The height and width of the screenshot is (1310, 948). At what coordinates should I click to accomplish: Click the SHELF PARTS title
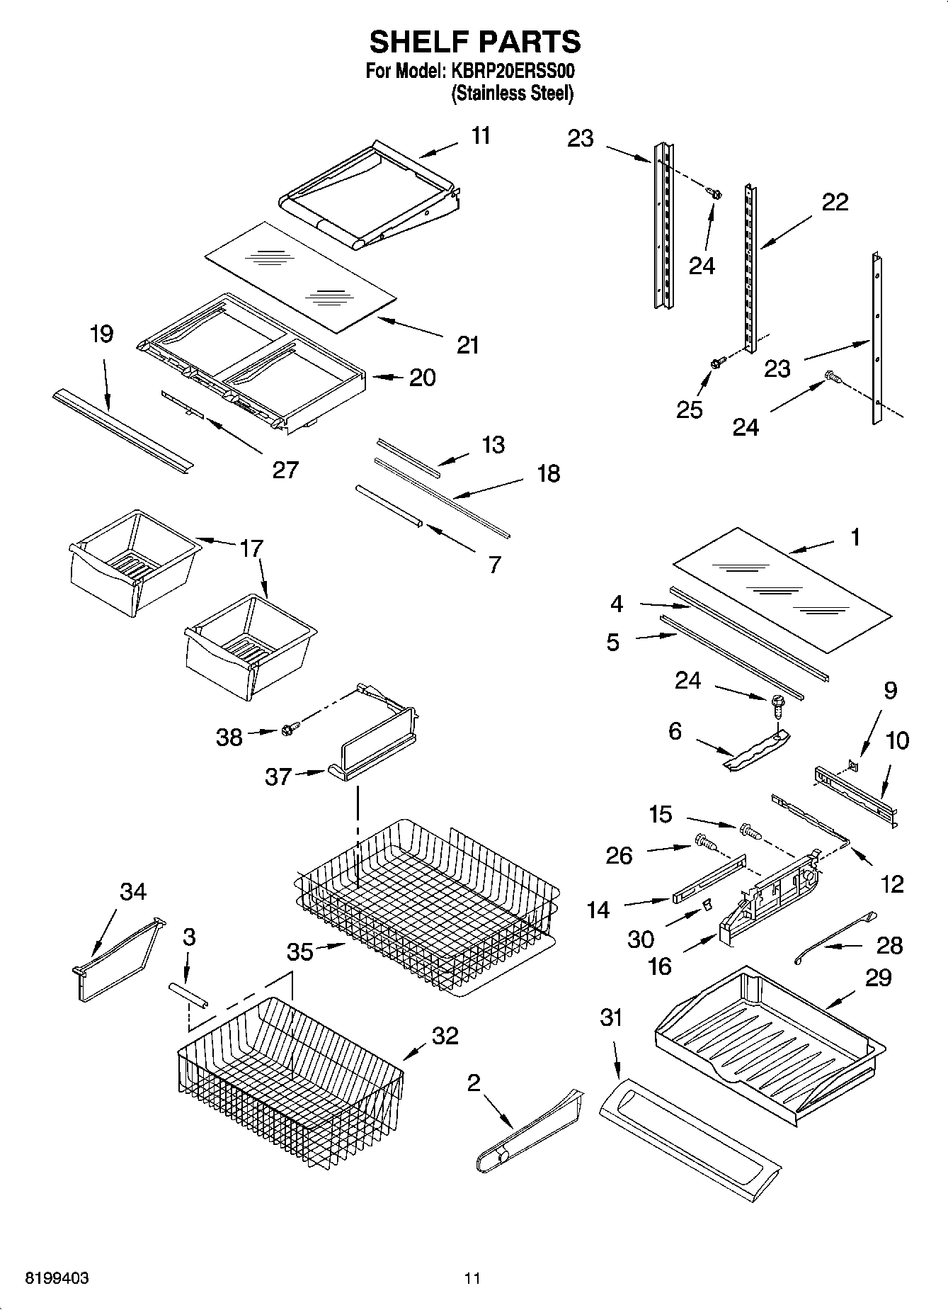pyautogui.click(x=474, y=43)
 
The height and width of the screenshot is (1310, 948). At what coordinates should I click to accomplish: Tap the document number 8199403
pyautogui.click(x=57, y=1279)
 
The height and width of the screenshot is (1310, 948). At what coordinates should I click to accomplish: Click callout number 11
pyautogui.click(x=481, y=135)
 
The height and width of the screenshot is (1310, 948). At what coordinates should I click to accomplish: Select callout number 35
pyautogui.click(x=299, y=952)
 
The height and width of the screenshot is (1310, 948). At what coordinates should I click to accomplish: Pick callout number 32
pyautogui.click(x=445, y=1036)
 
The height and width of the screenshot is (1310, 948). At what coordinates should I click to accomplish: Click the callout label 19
pyautogui.click(x=102, y=334)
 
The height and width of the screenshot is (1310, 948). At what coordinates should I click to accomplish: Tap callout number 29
pyautogui.click(x=878, y=978)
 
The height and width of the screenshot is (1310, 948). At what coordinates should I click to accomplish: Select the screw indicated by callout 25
pyautogui.click(x=716, y=363)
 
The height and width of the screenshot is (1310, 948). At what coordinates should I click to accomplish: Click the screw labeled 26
pyautogui.click(x=704, y=843)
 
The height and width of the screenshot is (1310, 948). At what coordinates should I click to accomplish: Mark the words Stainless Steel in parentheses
pyautogui.click(x=512, y=94)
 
